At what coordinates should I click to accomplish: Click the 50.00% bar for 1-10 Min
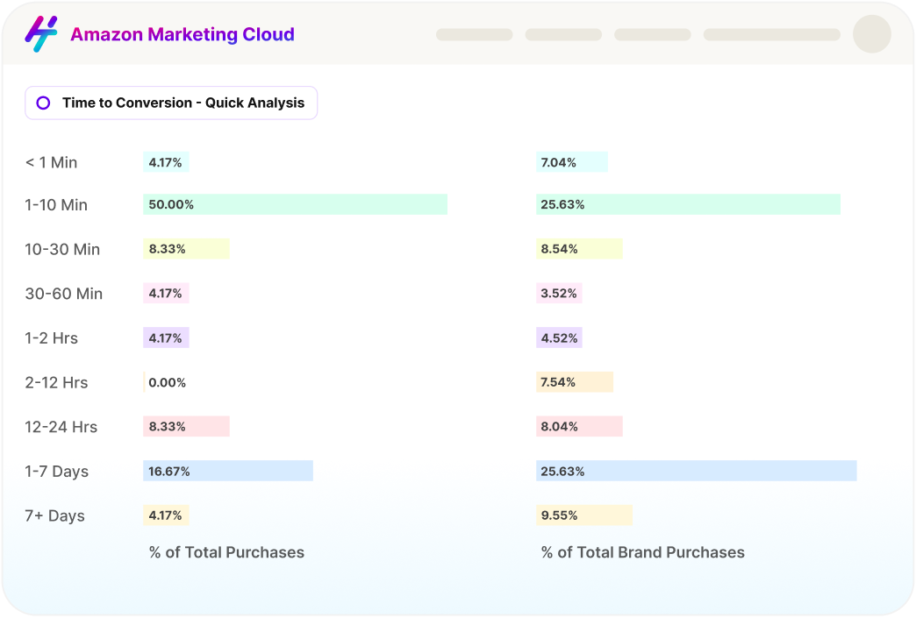295,204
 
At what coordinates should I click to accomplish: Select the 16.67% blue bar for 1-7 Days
228,471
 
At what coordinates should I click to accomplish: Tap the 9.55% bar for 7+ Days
583,515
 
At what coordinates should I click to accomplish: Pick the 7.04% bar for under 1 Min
571,162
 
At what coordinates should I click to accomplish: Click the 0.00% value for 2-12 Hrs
167,382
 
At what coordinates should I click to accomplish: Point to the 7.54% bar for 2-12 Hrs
574,382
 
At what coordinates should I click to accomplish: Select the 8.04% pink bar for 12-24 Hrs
579,427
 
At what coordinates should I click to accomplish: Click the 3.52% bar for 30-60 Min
559,294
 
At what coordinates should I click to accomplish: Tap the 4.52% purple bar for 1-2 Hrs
559,337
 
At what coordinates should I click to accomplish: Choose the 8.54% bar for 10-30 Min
579,249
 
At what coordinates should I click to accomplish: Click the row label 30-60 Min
64,294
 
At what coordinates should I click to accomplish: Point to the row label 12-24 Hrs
61,427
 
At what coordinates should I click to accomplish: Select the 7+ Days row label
55,515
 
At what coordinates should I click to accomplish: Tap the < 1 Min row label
51,162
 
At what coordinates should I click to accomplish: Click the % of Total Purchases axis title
226,552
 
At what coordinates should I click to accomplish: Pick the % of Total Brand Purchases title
642,552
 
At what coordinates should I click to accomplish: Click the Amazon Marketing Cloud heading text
182,35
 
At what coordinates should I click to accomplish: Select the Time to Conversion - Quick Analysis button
171,103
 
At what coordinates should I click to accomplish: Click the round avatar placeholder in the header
871,34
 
